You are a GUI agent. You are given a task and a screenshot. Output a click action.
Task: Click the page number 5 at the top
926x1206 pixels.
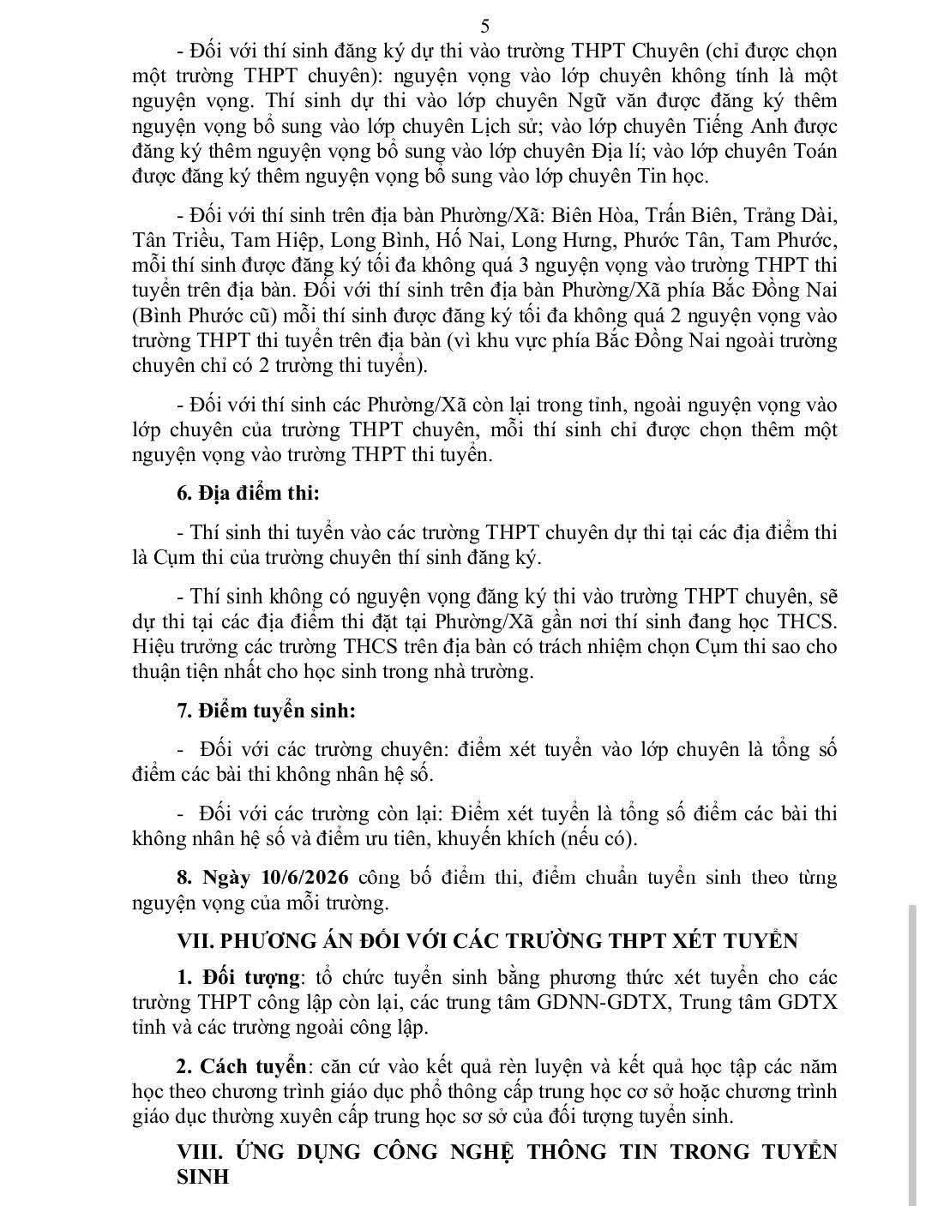pos(485,27)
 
